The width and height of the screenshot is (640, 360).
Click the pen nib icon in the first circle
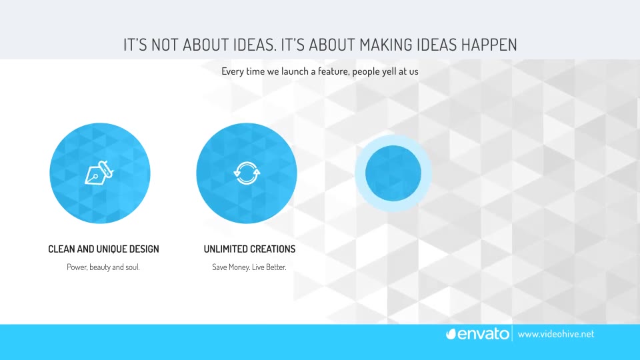[x=99, y=173]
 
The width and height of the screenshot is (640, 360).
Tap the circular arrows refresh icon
[x=247, y=173]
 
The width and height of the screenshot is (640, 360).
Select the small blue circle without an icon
[x=393, y=173]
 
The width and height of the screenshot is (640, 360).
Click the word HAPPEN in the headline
[x=489, y=45]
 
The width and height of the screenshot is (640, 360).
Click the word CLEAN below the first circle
[x=61, y=249]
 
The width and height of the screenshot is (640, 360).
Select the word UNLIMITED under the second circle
[x=225, y=249]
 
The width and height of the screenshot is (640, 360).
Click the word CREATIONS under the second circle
[x=273, y=249]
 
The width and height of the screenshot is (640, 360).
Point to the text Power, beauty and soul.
[x=103, y=267]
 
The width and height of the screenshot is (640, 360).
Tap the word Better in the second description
[x=276, y=267]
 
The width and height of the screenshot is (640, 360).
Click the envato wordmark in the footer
[x=484, y=334]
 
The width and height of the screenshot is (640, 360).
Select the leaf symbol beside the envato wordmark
[x=451, y=334]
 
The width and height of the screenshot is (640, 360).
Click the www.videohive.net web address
[x=556, y=334]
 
